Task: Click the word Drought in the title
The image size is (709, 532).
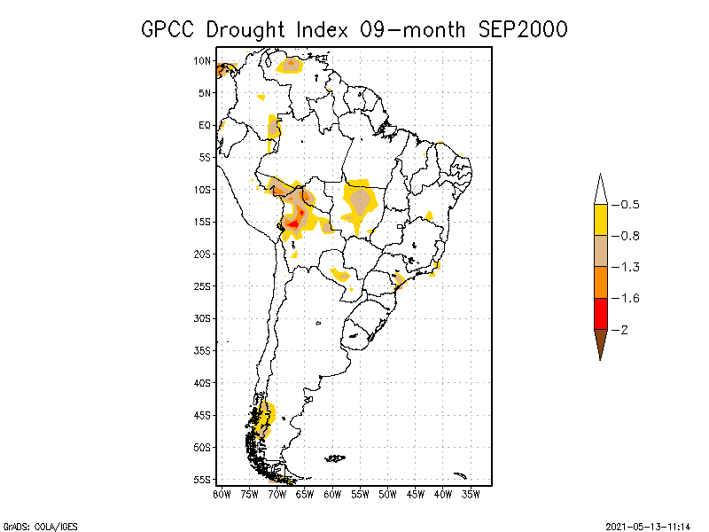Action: (x=246, y=29)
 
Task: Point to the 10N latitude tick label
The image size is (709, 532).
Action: (x=203, y=61)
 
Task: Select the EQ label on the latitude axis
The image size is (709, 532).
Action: (x=205, y=125)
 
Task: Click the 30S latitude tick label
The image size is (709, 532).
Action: (x=203, y=318)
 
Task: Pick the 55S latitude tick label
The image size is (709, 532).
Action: (x=203, y=480)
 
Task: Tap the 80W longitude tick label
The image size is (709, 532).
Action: (x=222, y=494)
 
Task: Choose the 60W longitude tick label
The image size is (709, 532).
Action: (x=332, y=494)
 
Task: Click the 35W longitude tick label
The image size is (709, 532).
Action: (x=471, y=494)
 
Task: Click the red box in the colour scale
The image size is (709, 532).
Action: (x=600, y=313)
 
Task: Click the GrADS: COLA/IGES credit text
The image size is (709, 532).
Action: (x=40, y=526)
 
